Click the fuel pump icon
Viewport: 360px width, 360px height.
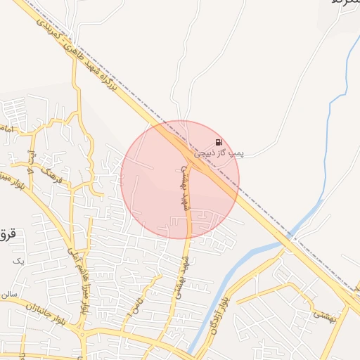point(219,141)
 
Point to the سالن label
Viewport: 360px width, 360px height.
point(8,293)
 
